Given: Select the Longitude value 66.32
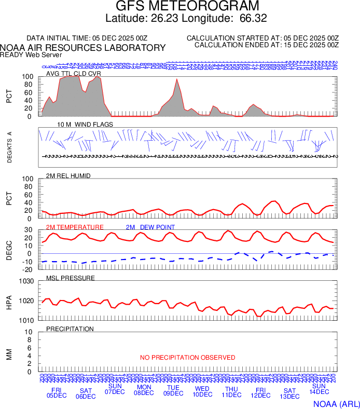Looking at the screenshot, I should (254, 19).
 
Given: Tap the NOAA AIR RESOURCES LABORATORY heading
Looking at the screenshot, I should (83, 48).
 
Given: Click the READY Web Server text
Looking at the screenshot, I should (31, 54).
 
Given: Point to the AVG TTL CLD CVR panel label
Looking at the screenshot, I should (74, 74).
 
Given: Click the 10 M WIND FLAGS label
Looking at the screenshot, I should (85, 125).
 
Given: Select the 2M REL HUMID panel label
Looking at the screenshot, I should (68, 176).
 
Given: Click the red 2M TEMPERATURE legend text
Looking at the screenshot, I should (75, 227).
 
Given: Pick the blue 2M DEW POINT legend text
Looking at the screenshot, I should (150, 227).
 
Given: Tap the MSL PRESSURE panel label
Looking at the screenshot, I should (71, 278).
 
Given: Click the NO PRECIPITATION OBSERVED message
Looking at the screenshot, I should (188, 358).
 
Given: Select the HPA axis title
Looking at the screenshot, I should (9, 301).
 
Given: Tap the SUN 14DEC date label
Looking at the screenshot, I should (319, 389).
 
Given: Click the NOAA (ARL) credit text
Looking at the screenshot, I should (336, 403).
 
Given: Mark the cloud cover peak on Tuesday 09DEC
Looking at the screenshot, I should (177, 79).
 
